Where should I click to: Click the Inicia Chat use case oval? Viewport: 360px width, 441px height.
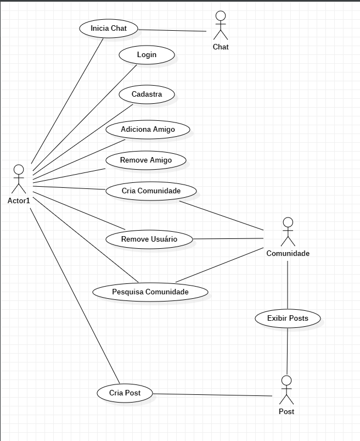click(x=108, y=29)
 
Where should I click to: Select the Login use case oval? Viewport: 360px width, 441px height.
click(x=147, y=55)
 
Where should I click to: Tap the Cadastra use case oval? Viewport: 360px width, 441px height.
click(x=147, y=94)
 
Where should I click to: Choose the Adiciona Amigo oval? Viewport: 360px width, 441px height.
click(x=148, y=130)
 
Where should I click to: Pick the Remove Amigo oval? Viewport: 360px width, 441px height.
click(x=145, y=160)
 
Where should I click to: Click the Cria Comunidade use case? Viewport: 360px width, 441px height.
click(x=151, y=191)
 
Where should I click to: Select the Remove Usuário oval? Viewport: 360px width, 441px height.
click(x=149, y=239)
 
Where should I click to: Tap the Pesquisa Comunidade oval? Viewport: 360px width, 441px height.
click(x=150, y=292)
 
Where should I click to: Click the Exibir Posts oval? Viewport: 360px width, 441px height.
click(x=288, y=319)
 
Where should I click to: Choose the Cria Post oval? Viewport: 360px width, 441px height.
click(x=125, y=393)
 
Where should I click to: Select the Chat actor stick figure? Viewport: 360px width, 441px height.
click(x=221, y=25)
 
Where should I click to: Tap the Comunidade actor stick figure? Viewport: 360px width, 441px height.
click(x=288, y=232)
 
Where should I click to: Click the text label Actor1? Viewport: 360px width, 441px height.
click(x=19, y=200)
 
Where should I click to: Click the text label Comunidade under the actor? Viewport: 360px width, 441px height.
click(x=288, y=253)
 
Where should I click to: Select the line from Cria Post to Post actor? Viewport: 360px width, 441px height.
click(x=214, y=395)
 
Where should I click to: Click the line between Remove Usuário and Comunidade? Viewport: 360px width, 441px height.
click(x=229, y=239)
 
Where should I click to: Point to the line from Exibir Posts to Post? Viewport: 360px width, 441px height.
click(x=287, y=351)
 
